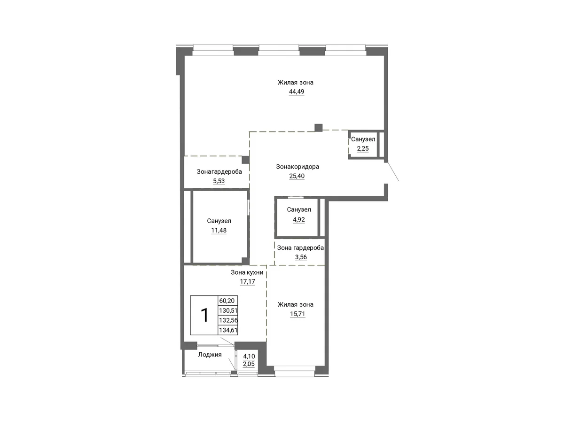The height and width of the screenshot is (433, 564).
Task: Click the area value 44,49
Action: [297, 92]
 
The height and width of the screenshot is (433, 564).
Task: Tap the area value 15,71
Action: [298, 314]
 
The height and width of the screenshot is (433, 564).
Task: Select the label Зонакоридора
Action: [298, 166]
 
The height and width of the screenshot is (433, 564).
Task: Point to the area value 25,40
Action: [297, 176]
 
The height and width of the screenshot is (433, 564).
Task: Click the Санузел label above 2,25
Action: [363, 139]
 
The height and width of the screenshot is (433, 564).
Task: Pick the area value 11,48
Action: [219, 230]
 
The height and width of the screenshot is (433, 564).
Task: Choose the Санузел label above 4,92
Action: [299, 209]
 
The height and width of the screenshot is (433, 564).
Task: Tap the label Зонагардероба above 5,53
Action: [219, 171]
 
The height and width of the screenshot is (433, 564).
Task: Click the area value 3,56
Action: [301, 257]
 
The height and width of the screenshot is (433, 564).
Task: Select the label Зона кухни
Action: [247, 272]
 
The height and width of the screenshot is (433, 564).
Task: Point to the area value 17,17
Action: [247, 281]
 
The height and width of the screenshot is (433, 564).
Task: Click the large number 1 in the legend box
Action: [205, 315]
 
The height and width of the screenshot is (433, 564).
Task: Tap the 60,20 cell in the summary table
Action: [227, 301]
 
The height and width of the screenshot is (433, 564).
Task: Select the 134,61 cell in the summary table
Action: [228, 330]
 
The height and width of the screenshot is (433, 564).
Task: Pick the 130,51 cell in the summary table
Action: [228, 310]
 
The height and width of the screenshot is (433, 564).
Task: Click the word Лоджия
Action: [210, 355]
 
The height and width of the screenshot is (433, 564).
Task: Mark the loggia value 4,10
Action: [249, 356]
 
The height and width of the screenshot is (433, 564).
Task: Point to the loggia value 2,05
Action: [249, 364]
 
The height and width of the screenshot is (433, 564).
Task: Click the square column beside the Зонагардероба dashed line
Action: [245, 160]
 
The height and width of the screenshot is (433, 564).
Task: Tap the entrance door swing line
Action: [392, 171]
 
